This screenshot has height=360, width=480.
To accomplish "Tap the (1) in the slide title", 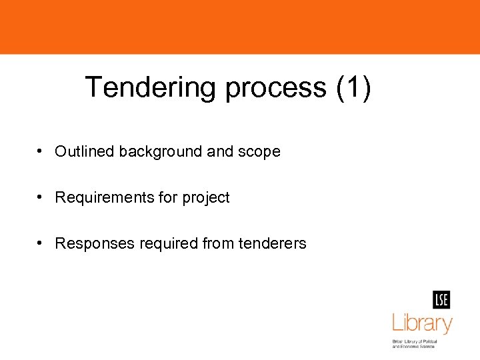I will tap(354, 87).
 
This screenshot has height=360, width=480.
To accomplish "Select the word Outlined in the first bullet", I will tap(85, 152).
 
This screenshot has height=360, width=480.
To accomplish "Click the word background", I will tap(161, 152).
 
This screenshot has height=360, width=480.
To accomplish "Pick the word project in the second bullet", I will tap(206, 198).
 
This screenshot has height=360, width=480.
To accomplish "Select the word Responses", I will tap(95, 244).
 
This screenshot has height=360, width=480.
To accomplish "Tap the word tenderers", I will tap(275, 244).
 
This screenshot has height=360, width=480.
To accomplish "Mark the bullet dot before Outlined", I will tap(41, 151).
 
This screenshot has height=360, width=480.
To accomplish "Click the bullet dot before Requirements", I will tap(41, 197).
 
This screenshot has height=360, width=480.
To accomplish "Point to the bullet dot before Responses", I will tap(41, 243).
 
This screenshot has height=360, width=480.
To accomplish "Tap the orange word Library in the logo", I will tap(422, 324).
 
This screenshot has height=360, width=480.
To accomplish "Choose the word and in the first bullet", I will tap(220, 152).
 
